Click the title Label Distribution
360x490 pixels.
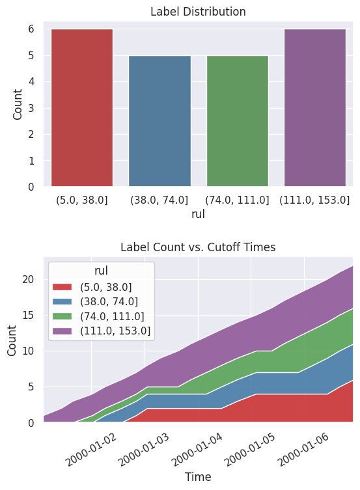[x=198, y=12]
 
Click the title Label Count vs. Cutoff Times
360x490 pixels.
[x=198, y=247]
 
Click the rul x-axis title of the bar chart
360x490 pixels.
[x=198, y=213]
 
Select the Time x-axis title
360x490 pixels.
[x=198, y=477]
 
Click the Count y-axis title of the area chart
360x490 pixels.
[x=12, y=340]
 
